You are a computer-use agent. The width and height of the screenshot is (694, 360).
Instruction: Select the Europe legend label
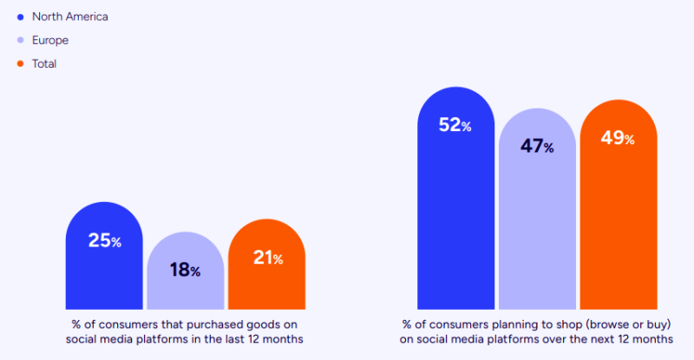pyautogui.click(x=49, y=40)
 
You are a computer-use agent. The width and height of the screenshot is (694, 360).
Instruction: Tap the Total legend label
pyautogui.click(x=45, y=63)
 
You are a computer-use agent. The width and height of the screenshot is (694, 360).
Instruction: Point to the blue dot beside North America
pyautogui.click(x=20, y=16)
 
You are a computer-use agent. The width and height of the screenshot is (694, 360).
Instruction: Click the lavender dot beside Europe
pyautogui.click(x=20, y=40)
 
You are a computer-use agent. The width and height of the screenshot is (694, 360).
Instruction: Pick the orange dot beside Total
pyautogui.click(x=20, y=63)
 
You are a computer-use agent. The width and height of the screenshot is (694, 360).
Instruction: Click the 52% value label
pyautogui.click(x=455, y=125)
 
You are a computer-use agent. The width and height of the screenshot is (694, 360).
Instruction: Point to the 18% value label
pyautogui.click(x=185, y=270)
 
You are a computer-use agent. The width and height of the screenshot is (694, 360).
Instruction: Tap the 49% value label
pyautogui.click(x=618, y=138)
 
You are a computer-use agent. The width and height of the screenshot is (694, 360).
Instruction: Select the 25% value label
pyautogui.click(x=104, y=240)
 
